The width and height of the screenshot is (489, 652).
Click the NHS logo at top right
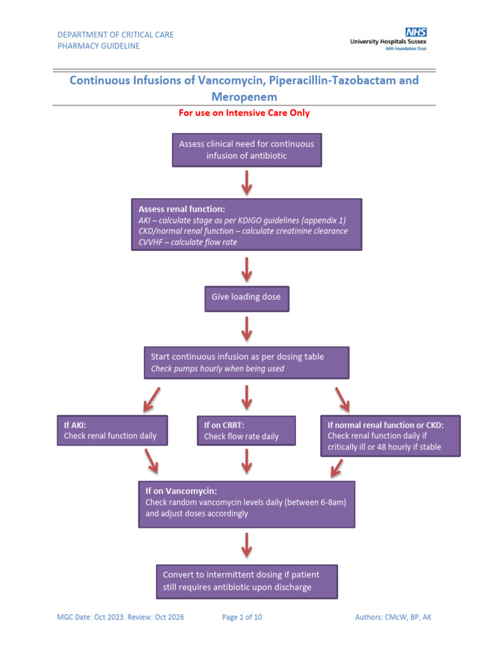point(416,32)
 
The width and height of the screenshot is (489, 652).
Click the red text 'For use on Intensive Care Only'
point(244,113)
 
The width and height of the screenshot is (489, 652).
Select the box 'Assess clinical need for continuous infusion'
point(246,150)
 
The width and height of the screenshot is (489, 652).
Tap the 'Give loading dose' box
point(246,297)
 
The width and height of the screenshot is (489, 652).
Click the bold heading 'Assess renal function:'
point(181,209)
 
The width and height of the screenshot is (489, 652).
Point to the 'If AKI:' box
point(112,430)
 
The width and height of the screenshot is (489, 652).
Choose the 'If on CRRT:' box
point(246,430)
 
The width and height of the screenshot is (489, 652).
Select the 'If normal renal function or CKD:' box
point(390,436)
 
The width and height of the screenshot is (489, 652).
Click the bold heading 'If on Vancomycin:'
point(181,491)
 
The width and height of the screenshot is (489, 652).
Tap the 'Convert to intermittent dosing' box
point(246,581)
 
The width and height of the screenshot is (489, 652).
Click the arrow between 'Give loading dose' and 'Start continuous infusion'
point(246,329)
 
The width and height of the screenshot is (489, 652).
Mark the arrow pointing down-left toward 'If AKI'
point(151,399)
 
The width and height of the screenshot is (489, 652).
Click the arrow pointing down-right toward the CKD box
point(343,399)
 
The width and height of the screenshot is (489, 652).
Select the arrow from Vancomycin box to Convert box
point(246,546)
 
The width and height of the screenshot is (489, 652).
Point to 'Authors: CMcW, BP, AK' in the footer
point(393,617)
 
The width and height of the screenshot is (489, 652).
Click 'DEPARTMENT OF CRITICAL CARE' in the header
point(115,34)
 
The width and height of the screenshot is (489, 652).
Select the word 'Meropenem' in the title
point(244,97)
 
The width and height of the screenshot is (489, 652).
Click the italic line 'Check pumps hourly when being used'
point(217,369)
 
